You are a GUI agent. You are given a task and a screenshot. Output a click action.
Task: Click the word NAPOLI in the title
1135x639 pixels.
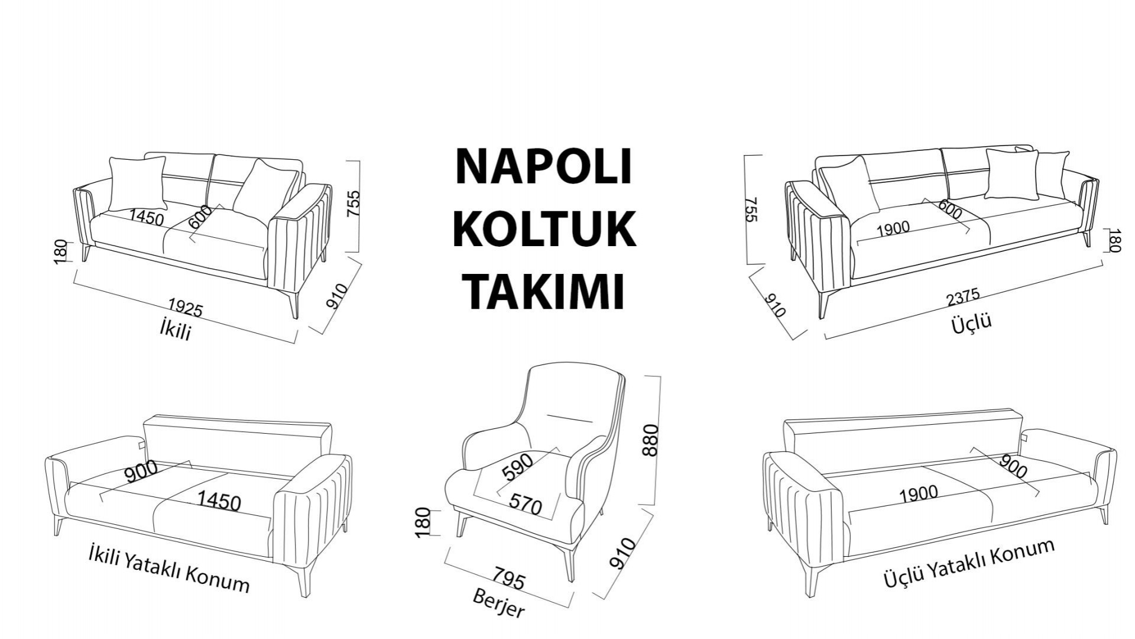click(544, 166)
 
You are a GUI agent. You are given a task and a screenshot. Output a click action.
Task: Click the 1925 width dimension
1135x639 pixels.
click(186, 308)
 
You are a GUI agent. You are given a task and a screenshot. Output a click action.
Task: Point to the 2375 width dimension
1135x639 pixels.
click(963, 296)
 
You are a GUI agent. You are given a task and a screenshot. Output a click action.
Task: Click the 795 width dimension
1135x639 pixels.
click(508, 579)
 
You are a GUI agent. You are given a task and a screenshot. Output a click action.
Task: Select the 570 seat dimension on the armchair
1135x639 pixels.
click(526, 505)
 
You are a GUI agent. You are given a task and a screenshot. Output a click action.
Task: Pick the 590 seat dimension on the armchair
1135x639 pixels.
click(517, 466)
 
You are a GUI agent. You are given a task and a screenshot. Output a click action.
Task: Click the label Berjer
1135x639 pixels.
click(498, 603)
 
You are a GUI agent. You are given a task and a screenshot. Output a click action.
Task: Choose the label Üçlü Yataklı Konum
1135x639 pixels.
click(969, 563)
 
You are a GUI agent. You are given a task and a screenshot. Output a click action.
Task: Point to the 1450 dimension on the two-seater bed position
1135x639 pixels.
click(219, 501)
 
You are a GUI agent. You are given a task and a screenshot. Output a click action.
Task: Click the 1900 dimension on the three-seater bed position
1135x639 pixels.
click(918, 493)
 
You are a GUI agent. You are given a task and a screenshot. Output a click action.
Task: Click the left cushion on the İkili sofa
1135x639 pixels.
click(137, 183)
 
